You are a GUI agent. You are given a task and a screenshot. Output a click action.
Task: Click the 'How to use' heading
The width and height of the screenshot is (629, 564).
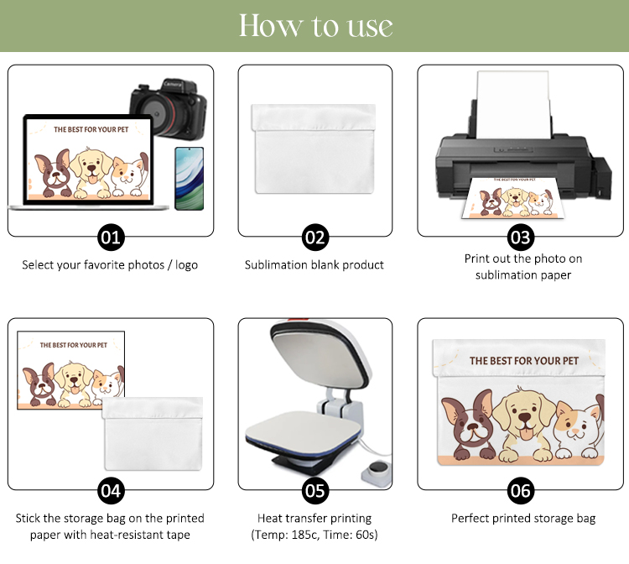[x=315, y=26]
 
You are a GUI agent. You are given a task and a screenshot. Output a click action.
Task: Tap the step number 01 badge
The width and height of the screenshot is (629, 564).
[x=111, y=238]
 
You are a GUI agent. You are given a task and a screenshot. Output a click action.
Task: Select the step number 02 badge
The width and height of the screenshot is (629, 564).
[x=314, y=238]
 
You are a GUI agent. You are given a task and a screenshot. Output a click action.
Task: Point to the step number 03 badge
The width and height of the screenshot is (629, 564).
[x=521, y=238]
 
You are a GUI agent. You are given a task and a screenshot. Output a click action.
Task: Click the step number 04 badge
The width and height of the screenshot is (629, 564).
[x=111, y=490]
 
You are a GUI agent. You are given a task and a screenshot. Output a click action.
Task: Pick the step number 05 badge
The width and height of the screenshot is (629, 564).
[x=314, y=490]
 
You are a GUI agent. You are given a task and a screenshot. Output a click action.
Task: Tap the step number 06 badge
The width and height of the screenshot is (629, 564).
[x=521, y=490]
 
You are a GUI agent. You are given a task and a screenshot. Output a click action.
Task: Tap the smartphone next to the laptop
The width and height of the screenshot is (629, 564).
[x=190, y=179]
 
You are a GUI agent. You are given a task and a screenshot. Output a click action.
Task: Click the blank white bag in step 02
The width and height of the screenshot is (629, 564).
[x=314, y=149]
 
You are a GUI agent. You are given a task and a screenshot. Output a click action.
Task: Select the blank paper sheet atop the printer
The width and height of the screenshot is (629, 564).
[x=513, y=105]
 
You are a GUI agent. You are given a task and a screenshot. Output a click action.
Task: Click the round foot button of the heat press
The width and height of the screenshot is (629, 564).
[x=377, y=468]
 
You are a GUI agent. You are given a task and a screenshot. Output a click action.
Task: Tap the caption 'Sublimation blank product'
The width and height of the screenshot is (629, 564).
[x=314, y=265]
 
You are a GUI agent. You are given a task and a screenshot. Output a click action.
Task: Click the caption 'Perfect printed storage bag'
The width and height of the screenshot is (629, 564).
[x=523, y=518]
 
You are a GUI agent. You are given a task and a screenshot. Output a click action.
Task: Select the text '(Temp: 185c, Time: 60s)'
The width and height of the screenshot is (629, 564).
[x=314, y=535]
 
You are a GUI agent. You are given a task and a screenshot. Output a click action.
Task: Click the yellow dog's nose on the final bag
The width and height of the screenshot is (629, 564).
[x=525, y=417]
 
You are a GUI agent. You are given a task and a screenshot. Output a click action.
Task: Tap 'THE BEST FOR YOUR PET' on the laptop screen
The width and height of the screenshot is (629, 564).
[x=91, y=129]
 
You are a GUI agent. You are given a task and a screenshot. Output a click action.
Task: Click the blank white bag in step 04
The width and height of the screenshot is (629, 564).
[x=153, y=434]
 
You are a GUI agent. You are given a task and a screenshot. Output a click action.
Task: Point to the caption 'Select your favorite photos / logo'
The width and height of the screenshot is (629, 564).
[x=110, y=265]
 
